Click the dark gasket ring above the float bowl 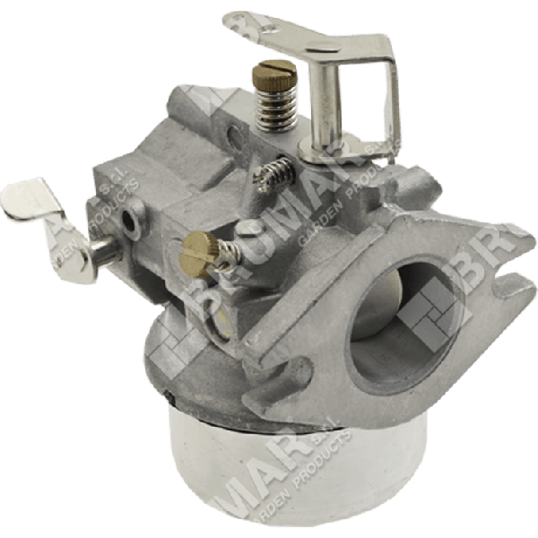[269, 402]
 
